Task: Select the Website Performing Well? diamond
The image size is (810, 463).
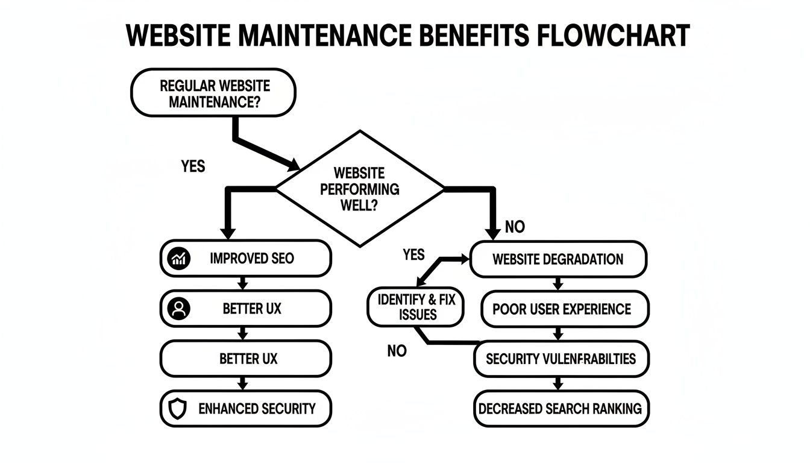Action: (x=360, y=189)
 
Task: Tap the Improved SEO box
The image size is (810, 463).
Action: (x=246, y=259)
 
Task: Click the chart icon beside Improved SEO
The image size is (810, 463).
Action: (x=177, y=259)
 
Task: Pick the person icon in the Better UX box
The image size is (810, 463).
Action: (x=178, y=309)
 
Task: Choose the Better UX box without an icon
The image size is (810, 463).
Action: (x=246, y=358)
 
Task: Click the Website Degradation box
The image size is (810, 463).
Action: (x=557, y=259)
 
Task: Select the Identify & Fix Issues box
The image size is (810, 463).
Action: (x=416, y=307)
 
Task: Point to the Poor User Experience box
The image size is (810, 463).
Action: (x=565, y=309)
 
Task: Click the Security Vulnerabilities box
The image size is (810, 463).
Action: (x=560, y=359)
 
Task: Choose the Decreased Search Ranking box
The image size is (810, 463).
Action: (x=560, y=409)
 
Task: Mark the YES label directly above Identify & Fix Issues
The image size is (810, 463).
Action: (x=413, y=254)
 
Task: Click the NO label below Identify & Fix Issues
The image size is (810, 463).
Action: (x=397, y=351)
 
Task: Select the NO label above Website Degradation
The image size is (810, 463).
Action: (x=515, y=227)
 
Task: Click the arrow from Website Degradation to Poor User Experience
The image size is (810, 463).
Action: (x=557, y=284)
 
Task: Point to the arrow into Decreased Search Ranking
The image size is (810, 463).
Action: (x=557, y=383)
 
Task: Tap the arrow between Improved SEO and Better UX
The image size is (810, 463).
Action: (x=243, y=284)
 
